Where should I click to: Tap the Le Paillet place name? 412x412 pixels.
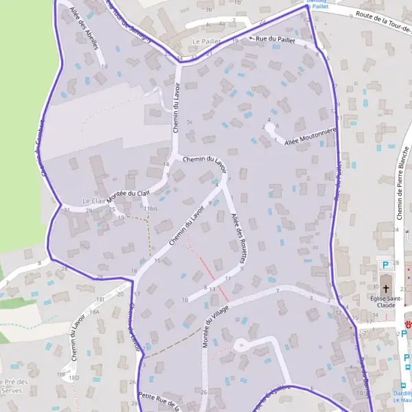coord(205,41)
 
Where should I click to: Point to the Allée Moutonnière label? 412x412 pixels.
coord(310,136)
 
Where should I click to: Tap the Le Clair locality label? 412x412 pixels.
coord(92,201)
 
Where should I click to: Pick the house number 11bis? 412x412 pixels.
coord(150,208)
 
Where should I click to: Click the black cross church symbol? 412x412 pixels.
coord(386,288)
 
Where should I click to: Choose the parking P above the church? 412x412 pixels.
coord(385,264)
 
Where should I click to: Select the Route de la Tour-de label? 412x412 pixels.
coord(378,23)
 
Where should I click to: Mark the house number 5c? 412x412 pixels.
coord(190,122)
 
